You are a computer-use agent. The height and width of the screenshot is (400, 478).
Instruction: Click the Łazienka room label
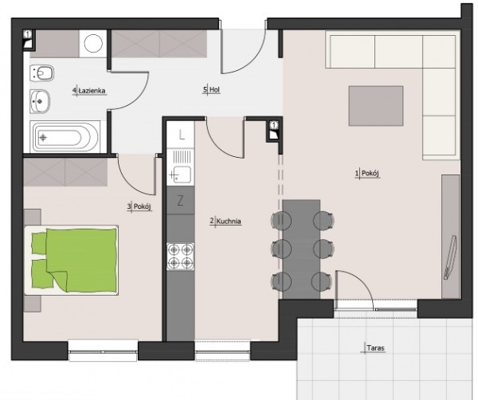click(x=92, y=91)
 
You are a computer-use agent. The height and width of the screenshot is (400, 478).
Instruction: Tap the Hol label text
click(x=214, y=90)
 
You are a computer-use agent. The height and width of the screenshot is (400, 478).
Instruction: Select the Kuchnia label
click(x=229, y=222)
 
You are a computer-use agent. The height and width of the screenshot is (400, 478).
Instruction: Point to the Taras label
click(x=375, y=348)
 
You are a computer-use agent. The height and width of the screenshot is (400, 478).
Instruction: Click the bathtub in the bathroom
click(x=65, y=137)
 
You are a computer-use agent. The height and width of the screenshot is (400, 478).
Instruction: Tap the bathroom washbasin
click(x=40, y=101)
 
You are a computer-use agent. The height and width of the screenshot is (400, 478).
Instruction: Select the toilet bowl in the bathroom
click(x=41, y=73)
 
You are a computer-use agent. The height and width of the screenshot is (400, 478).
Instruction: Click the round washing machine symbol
click(x=93, y=43)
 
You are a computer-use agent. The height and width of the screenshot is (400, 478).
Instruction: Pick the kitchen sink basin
click(x=181, y=175)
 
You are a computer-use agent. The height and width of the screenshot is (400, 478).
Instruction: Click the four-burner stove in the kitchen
click(x=181, y=256)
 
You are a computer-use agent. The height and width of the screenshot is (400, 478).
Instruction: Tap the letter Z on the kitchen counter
click(x=180, y=201)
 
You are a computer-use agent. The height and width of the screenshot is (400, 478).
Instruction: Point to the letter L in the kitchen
click(x=182, y=135)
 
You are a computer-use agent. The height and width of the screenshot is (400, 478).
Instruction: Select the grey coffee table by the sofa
click(x=376, y=106)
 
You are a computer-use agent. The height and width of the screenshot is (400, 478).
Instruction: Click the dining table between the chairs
click(x=301, y=249)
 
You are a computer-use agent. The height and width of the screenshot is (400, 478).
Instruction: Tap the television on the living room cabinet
click(x=450, y=257)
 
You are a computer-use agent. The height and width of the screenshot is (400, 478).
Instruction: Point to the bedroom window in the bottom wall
click(x=103, y=351)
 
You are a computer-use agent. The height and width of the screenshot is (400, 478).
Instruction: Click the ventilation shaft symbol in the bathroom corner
click(x=28, y=39)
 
